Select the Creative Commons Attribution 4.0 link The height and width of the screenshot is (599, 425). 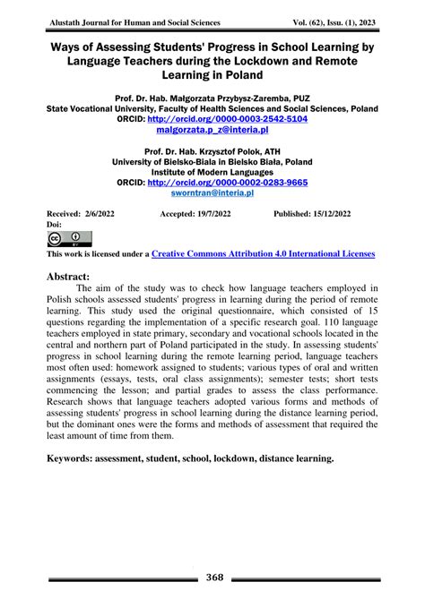(x=264, y=253)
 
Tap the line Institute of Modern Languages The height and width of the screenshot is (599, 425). (x=212, y=170)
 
